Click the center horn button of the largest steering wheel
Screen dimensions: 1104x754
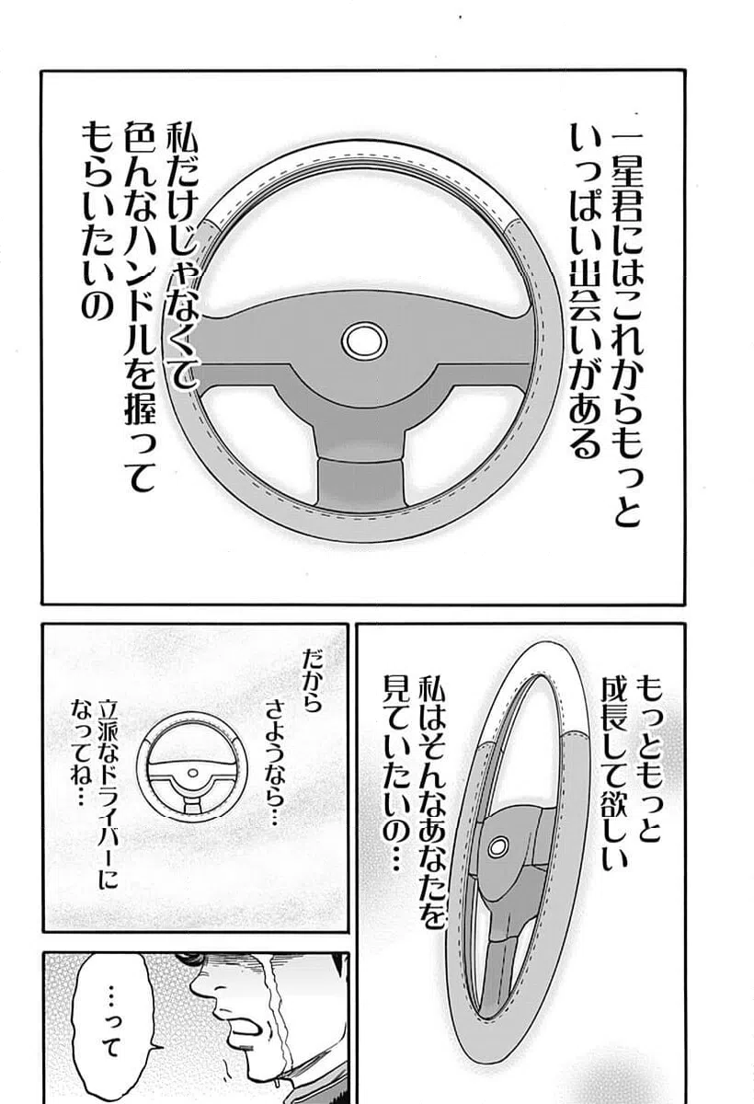tap(363, 340)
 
